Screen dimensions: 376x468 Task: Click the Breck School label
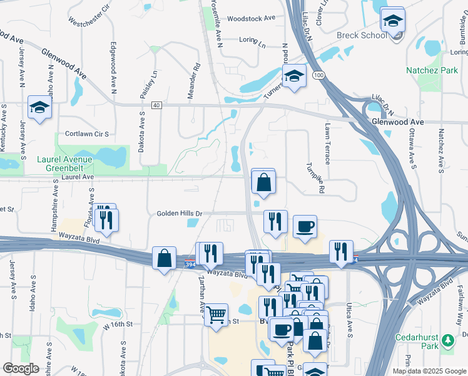click(362, 35)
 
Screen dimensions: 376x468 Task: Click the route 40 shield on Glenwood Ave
click(156, 105)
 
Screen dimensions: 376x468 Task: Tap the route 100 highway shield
click(319, 75)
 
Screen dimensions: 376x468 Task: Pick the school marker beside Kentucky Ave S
click(39, 107)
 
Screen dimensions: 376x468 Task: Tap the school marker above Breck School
click(392, 21)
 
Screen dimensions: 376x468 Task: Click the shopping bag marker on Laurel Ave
click(264, 182)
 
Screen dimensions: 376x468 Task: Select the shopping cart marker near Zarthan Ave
click(216, 314)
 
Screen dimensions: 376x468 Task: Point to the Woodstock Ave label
click(251, 19)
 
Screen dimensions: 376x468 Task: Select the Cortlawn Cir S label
click(87, 134)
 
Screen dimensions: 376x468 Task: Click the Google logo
click(21, 368)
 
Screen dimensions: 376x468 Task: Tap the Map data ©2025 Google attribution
click(429, 371)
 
